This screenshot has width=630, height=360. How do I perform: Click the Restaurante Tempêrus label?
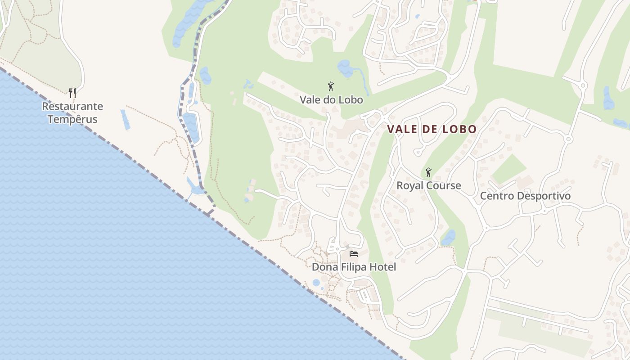pyautogui.click(x=72, y=113)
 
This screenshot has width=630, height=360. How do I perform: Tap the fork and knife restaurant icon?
pyautogui.click(x=72, y=93)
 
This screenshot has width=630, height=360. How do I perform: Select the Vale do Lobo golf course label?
pyautogui.click(x=331, y=100)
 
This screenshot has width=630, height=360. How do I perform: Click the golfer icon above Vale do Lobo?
pyautogui.click(x=331, y=86)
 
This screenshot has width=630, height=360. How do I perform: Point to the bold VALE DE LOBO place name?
pyautogui.click(x=432, y=129)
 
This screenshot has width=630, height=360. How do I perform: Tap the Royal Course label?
pyautogui.click(x=428, y=185)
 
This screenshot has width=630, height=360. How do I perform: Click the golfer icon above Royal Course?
pyautogui.click(x=428, y=172)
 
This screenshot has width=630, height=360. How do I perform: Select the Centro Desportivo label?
pyautogui.click(x=525, y=196)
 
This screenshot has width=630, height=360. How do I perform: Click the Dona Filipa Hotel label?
pyautogui.click(x=354, y=267)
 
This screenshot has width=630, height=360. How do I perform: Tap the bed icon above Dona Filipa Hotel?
pyautogui.click(x=353, y=254)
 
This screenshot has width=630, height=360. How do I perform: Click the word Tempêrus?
pyautogui.click(x=72, y=120)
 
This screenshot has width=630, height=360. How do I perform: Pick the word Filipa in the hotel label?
pyautogui.click(x=354, y=267)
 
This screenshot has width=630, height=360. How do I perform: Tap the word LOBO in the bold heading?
pyautogui.click(x=459, y=129)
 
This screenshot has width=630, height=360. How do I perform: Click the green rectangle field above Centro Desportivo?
pyautogui.click(x=508, y=169)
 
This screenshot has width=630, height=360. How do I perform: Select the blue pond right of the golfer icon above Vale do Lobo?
pyautogui.click(x=346, y=68)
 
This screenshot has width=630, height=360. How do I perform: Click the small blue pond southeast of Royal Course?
pyautogui.click(x=449, y=237)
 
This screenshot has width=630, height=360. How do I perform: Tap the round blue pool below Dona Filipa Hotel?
pyautogui.click(x=316, y=283)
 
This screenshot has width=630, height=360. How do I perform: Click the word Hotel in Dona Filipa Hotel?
pyautogui.click(x=382, y=267)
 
